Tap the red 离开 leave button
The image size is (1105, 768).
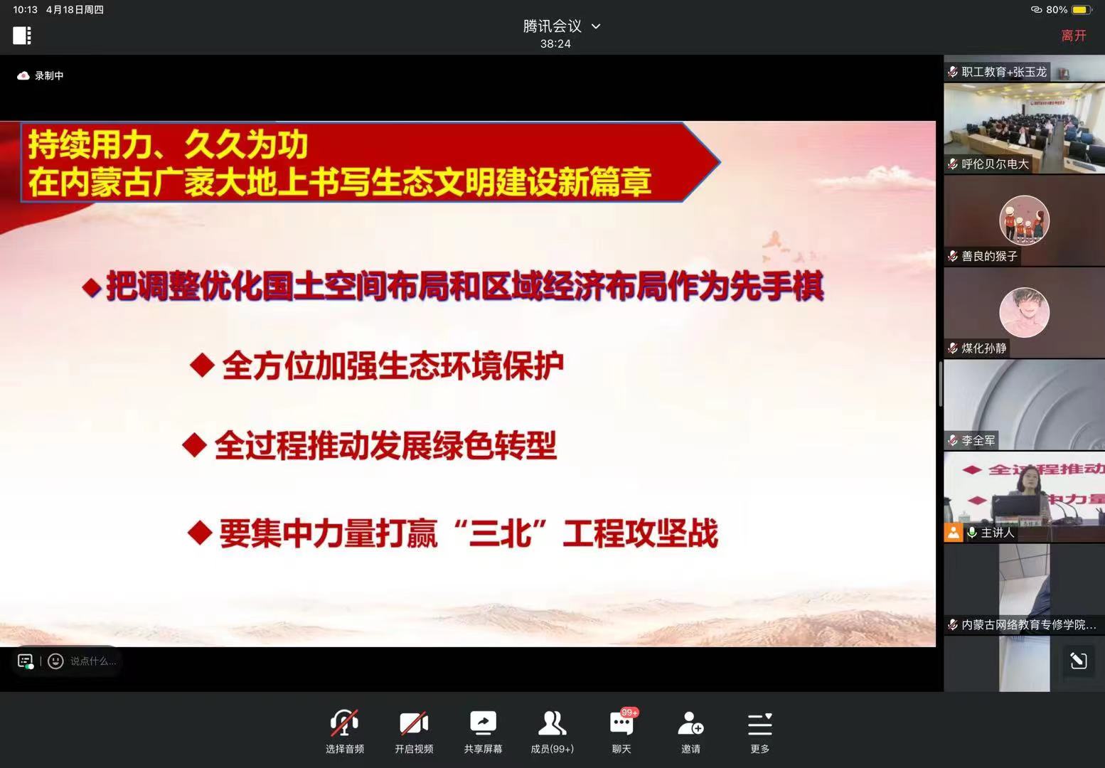tap(1074, 36)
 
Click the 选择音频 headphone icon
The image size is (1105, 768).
tap(344, 723)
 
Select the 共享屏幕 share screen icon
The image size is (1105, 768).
tap(483, 723)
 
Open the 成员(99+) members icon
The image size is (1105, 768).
tap(552, 723)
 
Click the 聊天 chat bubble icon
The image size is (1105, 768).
tap(621, 723)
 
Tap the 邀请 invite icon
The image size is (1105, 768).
tap(690, 723)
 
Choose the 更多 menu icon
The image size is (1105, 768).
tap(759, 724)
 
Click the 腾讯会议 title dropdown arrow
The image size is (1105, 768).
tap(596, 26)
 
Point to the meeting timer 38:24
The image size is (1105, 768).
tap(555, 44)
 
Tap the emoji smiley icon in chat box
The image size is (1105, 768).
tap(55, 661)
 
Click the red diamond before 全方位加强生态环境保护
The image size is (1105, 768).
tap(202, 366)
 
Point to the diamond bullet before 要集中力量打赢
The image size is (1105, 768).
tap(201, 533)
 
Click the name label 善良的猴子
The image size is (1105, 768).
tap(989, 256)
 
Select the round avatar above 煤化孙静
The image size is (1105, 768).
tap(1024, 312)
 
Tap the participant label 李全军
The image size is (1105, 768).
tap(978, 440)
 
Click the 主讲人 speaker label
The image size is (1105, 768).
tap(997, 532)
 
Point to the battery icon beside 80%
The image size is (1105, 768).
tap(1081, 10)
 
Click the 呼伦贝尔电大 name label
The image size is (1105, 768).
tap(995, 164)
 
